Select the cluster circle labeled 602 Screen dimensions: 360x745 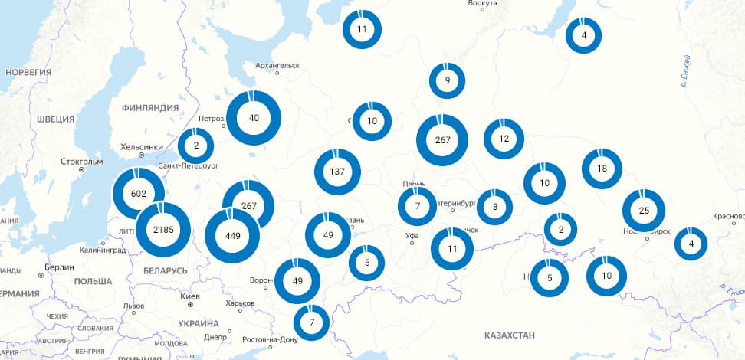click(139, 194)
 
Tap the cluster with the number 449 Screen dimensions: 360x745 click(232, 235)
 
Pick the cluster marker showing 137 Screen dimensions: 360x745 click(337, 172)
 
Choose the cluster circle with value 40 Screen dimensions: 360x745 click(254, 118)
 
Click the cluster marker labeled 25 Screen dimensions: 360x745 click(643, 211)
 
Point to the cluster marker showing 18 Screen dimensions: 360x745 click(602, 169)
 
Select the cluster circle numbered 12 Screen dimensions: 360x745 click(504, 139)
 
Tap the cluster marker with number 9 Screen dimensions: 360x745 click(448, 80)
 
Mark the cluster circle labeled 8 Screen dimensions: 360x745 click(495, 206)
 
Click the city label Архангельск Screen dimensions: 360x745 click(277, 66)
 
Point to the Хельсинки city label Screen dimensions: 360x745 click(142, 147)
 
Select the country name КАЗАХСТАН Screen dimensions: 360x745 click(509, 335)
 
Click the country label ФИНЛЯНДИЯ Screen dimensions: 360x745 click(155, 109)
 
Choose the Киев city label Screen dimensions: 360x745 click(189, 296)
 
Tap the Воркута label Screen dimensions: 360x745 click(481, 5)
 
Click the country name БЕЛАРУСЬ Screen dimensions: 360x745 click(165, 271)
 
